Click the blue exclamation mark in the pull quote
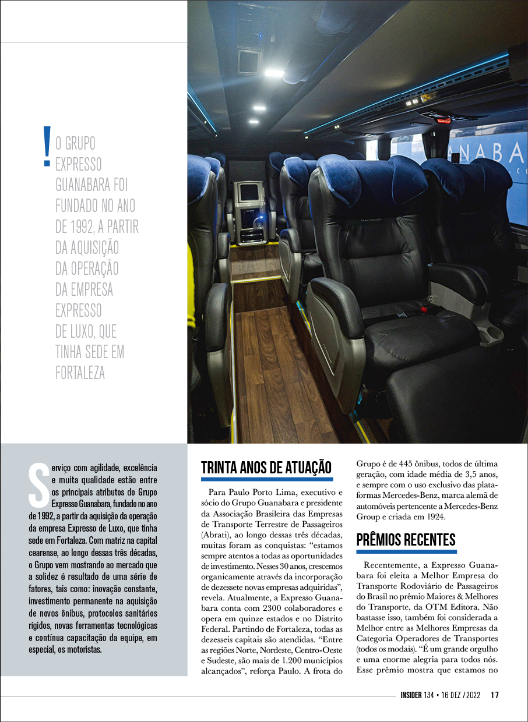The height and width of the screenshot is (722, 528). [47, 147]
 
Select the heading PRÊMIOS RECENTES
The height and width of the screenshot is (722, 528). [406, 540]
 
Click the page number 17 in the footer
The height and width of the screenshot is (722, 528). [495, 695]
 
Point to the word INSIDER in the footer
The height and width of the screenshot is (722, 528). [415, 695]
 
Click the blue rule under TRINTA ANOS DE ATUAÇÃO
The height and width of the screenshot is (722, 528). [267, 479]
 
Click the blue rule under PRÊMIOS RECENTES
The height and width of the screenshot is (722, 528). [406, 551]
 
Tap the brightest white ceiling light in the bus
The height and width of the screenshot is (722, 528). [274, 73]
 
